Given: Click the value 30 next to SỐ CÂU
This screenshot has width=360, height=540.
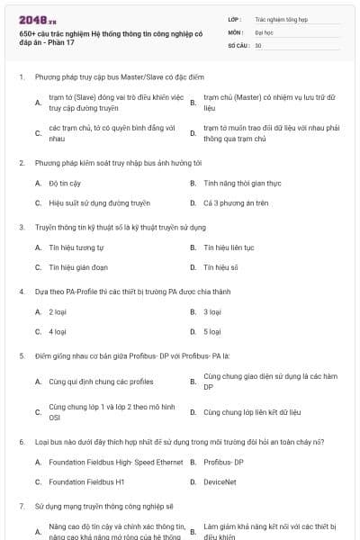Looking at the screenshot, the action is click(x=258, y=44).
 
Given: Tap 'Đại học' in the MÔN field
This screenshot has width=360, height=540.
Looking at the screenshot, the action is click(x=263, y=31).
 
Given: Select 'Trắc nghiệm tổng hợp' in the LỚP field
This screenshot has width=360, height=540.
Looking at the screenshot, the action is click(x=280, y=18).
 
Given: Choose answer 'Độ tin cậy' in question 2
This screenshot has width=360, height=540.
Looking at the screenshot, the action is click(x=66, y=183).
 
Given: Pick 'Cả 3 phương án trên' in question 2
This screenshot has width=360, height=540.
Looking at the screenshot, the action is click(x=236, y=203).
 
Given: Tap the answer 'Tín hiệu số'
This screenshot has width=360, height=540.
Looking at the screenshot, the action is click(x=220, y=267).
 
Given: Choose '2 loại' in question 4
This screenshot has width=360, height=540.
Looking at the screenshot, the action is click(x=58, y=311).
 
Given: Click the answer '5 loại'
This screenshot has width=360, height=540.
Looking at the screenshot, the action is click(x=212, y=331).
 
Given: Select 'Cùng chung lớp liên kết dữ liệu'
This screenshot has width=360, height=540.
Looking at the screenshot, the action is click(x=251, y=412).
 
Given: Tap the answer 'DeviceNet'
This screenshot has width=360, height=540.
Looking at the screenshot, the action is click(x=221, y=481).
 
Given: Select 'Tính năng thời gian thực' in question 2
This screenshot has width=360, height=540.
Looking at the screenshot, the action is click(x=243, y=183).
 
